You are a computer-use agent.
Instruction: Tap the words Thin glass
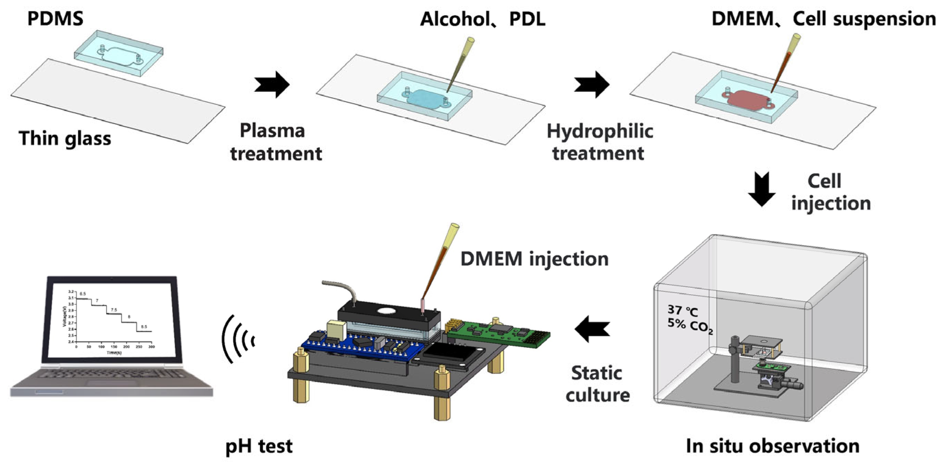tap(65, 138)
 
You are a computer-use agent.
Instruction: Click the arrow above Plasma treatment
tap(272, 85)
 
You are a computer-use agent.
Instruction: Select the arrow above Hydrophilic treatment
tap(591, 85)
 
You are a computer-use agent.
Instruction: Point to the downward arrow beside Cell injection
tap(762, 189)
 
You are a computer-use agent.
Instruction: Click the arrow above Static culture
tap(592, 329)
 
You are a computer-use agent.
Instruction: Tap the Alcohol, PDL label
tap(482, 19)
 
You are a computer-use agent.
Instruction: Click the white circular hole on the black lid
tap(386, 311)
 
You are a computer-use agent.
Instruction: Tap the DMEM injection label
tap(534, 259)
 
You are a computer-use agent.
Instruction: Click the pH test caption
tap(259, 446)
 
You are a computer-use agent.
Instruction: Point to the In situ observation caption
tap(772, 446)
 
